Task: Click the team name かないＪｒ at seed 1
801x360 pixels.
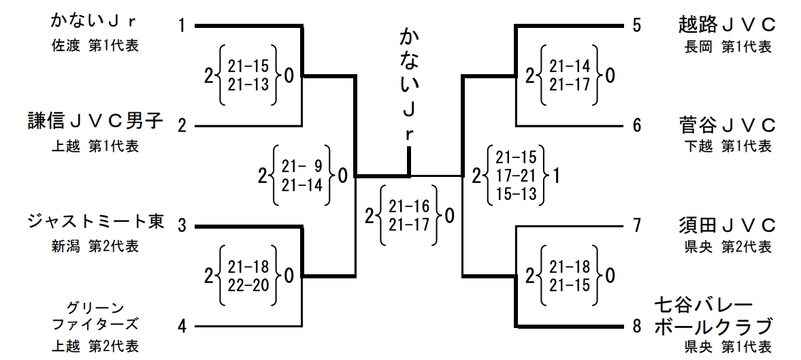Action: coord(95,22)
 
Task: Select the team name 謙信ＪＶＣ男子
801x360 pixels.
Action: coord(95,122)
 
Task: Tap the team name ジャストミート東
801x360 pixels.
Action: coord(95,223)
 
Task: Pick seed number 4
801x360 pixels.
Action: coord(182,326)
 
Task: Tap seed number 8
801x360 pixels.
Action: coord(636,326)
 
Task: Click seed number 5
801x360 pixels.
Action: coord(636,26)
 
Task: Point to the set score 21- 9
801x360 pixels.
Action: coord(302,167)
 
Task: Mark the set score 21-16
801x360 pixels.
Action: coord(409,206)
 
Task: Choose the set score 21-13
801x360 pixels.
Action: coord(248,84)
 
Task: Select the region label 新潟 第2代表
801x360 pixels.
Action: coord(95,246)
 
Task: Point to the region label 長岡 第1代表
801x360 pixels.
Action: coord(728,47)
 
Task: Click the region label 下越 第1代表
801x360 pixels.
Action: coord(728,147)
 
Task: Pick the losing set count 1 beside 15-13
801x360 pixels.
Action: coord(556,176)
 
